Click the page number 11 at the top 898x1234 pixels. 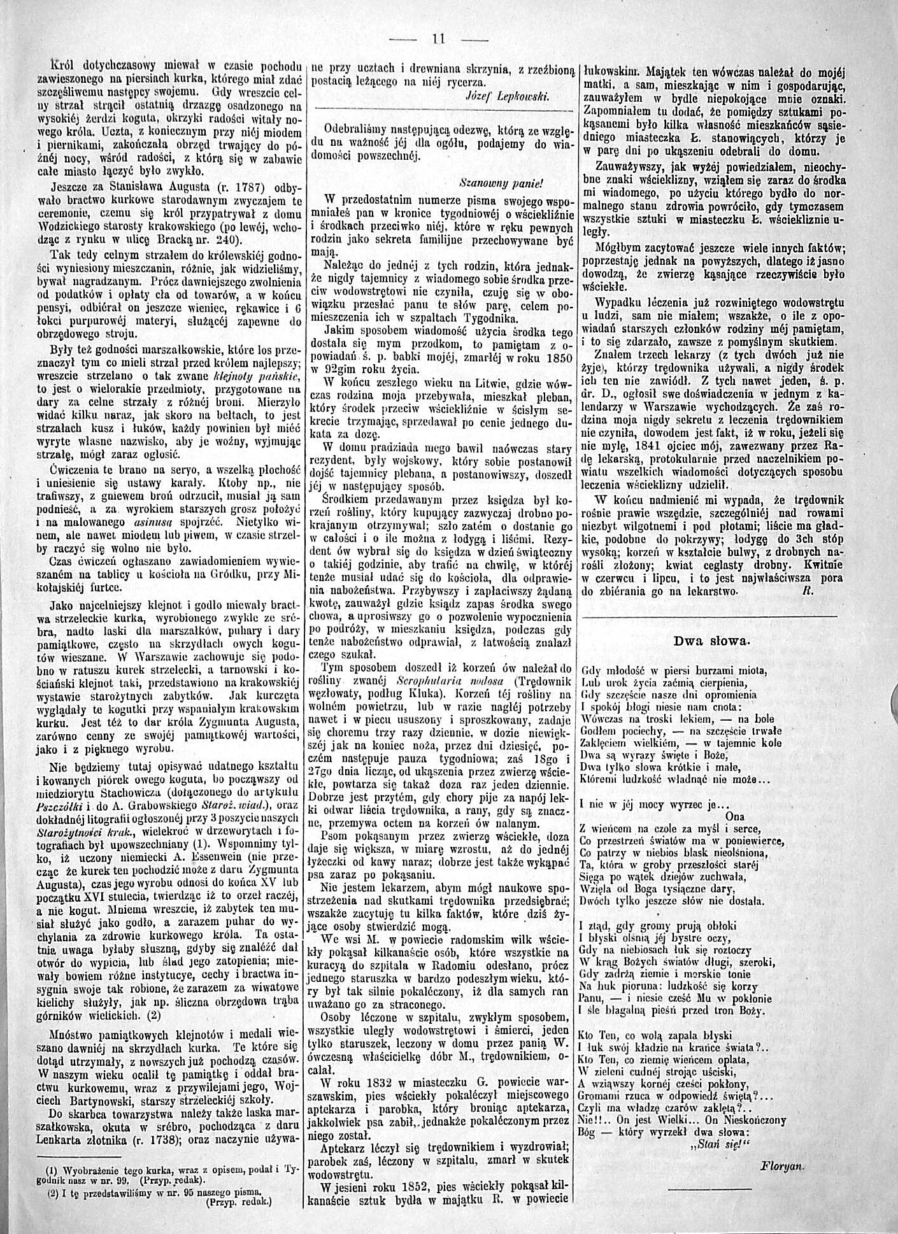438,38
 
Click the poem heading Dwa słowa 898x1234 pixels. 712,641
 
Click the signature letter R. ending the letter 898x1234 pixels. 806,590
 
